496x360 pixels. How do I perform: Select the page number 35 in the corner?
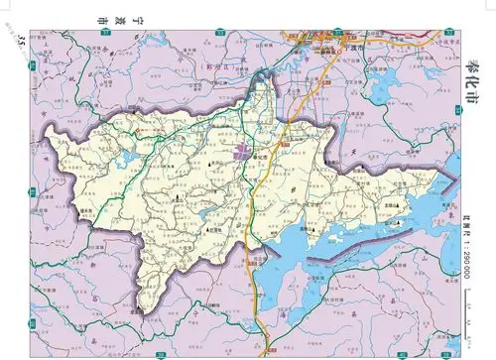[22, 39]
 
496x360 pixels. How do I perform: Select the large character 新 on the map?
[87, 268]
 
